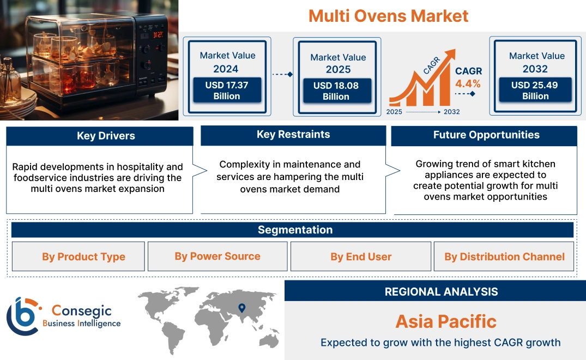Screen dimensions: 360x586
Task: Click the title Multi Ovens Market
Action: click(388, 15)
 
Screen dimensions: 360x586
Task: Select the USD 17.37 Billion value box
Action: click(226, 91)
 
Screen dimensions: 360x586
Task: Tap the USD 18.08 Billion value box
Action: click(336, 91)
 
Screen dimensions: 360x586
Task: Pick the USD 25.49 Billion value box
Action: click(535, 91)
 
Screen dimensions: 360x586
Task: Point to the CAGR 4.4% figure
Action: click(468, 78)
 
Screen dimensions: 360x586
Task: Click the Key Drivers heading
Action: click(106, 136)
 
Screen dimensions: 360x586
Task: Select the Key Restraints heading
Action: click(293, 135)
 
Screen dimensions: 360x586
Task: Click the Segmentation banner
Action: click(295, 230)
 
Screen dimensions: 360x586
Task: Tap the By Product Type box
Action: click(83, 257)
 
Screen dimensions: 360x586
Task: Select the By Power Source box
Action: click(218, 256)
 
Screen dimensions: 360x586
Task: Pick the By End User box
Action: click(361, 257)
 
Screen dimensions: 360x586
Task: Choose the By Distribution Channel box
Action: click(504, 257)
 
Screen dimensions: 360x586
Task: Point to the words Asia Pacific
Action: click(445, 321)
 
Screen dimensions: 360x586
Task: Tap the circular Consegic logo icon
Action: click(22, 316)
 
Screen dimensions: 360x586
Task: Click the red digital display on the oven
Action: click(158, 35)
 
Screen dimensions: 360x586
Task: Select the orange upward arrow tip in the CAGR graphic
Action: click(451, 53)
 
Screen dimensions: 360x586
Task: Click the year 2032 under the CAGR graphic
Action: click(451, 112)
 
